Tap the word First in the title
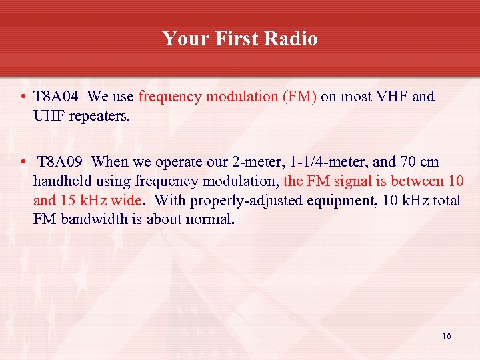pos(235,39)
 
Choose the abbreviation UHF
pos(51,115)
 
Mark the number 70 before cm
pos(407,162)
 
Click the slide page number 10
pos(446,336)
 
